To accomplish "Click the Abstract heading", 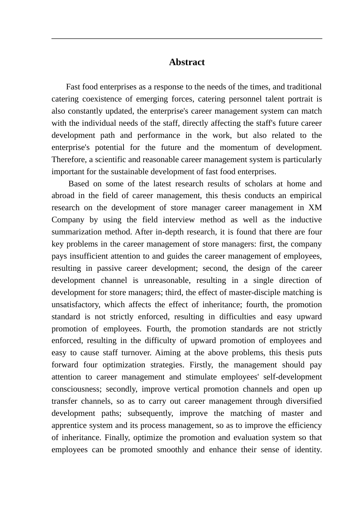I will (x=186, y=62).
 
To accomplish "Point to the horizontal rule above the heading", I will (x=186, y=39).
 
